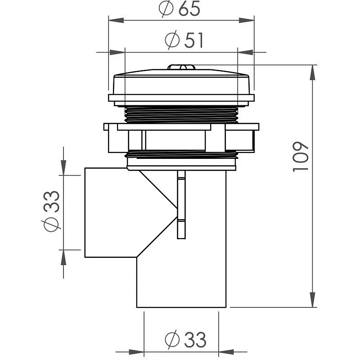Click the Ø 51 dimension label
[184, 41]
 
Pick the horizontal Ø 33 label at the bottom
[185, 340]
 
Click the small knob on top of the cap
[181, 67]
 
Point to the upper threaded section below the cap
[181, 114]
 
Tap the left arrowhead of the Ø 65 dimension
[115, 20]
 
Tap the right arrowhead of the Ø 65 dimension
[248, 20]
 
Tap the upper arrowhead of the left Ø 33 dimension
[63, 169]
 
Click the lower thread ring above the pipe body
[181, 155]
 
